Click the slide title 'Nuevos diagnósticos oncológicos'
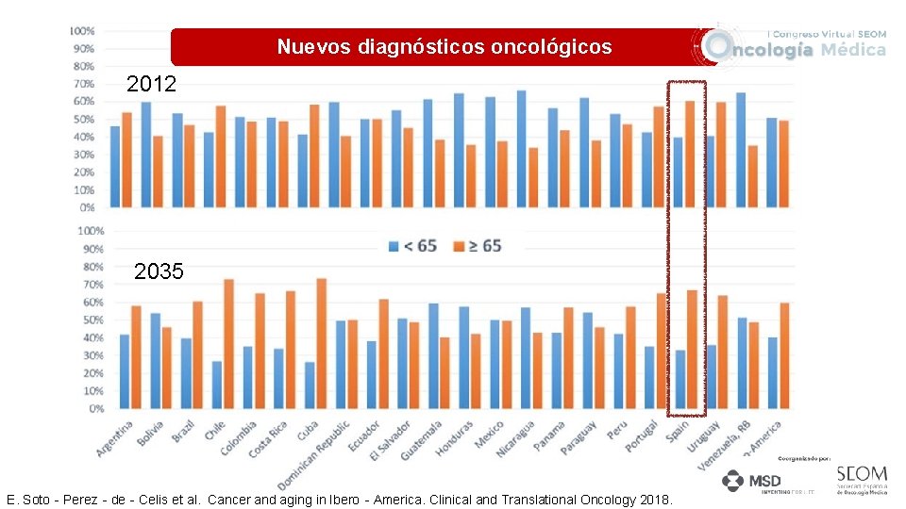coord(444,47)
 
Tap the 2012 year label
coord(151,85)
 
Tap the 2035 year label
coord(159,272)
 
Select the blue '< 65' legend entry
coord(412,246)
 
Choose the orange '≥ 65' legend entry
coord(478,246)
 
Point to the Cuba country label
coord(308,430)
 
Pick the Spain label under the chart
coord(677,432)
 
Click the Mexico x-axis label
coord(489,435)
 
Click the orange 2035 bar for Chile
coord(228,344)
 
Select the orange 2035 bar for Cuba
coord(321,344)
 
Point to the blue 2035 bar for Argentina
coord(125,371)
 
